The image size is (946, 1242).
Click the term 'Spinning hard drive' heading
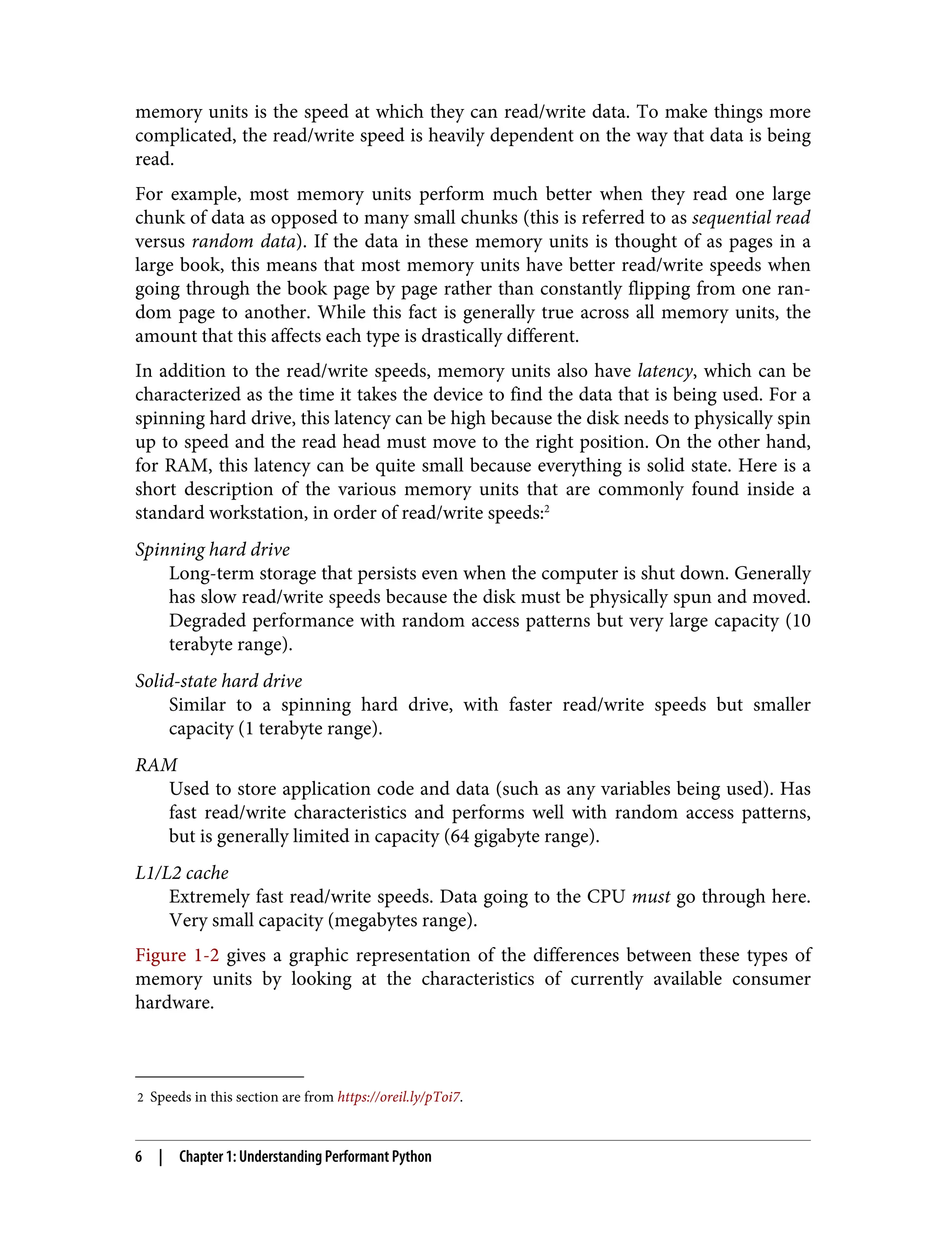coord(212,550)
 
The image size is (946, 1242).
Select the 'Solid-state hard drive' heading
coord(218,681)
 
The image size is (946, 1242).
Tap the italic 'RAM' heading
coord(156,765)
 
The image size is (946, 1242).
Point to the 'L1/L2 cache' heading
coord(182,872)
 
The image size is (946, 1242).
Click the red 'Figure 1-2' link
coord(177,956)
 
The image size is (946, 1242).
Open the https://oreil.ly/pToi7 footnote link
coord(399,1097)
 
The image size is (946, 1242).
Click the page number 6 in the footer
coord(139,1157)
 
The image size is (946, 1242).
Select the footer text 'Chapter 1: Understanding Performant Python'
coord(305,1157)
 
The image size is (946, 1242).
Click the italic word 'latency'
coord(664,371)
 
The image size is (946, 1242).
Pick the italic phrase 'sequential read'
coord(751,218)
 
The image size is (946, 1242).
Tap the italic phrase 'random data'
coord(243,242)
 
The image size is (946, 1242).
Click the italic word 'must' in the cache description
coord(651,897)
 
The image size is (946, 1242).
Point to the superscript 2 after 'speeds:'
coord(547,509)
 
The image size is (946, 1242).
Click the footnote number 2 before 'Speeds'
coord(140,1098)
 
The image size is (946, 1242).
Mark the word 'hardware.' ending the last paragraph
coord(175,1003)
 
